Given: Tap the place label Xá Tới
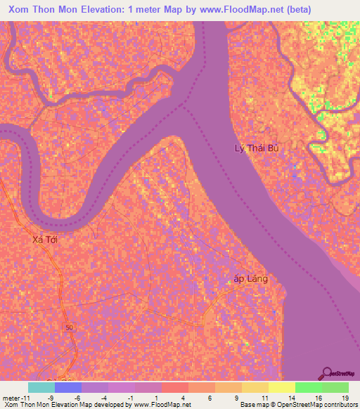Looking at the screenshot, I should (x=45, y=240).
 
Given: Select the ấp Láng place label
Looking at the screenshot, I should (x=250, y=278).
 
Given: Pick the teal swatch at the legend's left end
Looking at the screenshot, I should (x=41, y=387).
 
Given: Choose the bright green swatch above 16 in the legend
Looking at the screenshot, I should (x=308, y=387).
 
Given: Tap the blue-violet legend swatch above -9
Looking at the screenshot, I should (x=68, y=387).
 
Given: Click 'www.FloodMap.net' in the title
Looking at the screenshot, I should (x=221, y=10).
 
